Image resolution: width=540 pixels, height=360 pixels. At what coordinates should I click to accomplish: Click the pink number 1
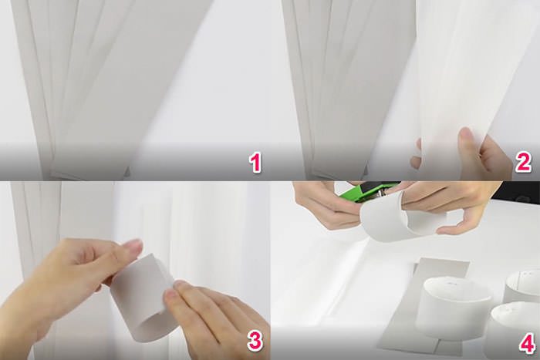pyautogui.click(x=255, y=163)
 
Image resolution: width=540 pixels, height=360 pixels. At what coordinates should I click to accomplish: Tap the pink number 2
pyautogui.click(x=523, y=163)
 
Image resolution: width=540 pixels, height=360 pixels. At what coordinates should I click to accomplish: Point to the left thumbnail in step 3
pyautogui.click(x=132, y=246)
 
